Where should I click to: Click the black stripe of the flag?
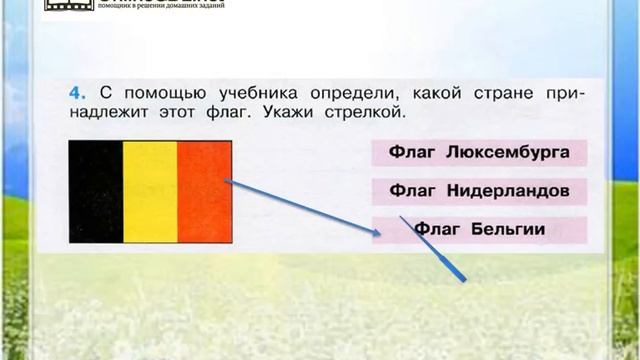pyautogui.click(x=95, y=191)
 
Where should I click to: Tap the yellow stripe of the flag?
pyautogui.click(x=150, y=191)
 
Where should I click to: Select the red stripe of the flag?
pyautogui.click(x=204, y=191)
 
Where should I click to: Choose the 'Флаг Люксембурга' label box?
pyautogui.click(x=478, y=153)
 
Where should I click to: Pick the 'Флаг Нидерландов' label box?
pyautogui.click(x=478, y=191)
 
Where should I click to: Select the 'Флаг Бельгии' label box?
pyautogui.click(x=478, y=230)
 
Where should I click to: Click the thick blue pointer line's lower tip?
pyautogui.click(x=466, y=280)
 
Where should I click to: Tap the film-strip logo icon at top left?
pyautogui.click(x=66, y=5)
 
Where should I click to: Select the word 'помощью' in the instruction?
pyautogui.click(x=145, y=92)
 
